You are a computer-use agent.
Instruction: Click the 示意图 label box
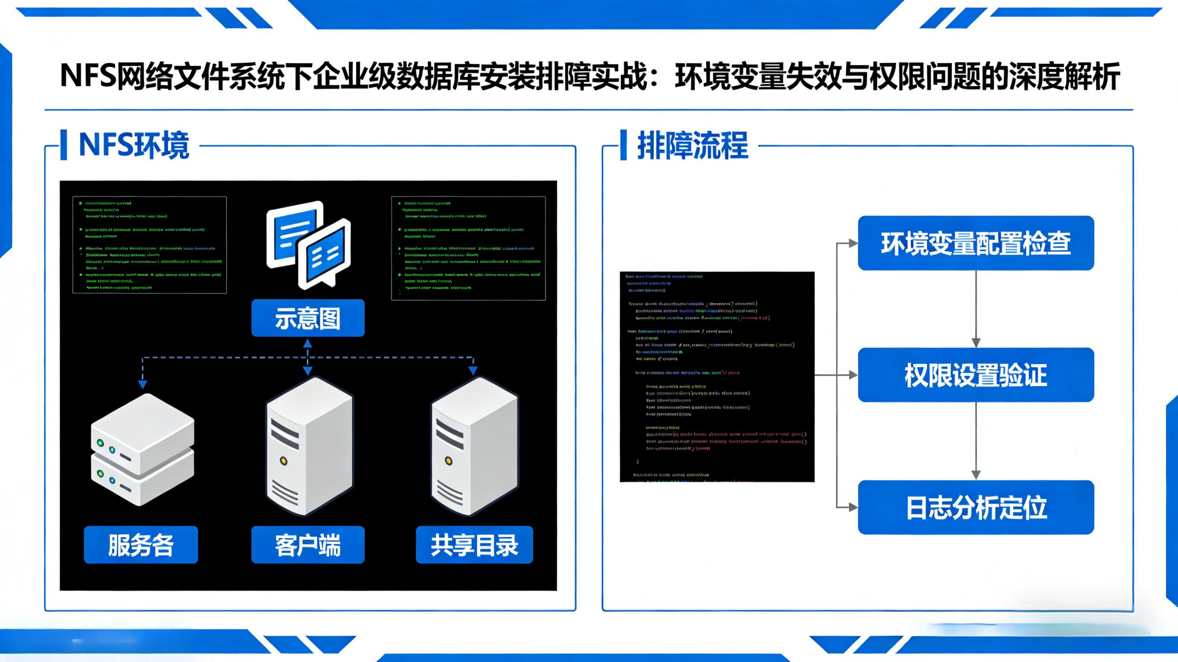308,318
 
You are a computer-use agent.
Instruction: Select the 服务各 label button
141,545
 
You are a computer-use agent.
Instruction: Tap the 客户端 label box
308,545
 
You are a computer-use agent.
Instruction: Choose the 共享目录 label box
474,545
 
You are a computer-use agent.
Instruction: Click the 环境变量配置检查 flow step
976,243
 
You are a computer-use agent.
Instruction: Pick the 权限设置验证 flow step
976,375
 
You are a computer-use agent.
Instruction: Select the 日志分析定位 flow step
976,507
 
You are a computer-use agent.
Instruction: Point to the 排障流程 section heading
693,145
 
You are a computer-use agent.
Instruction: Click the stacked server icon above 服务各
143,450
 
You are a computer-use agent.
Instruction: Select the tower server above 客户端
309,446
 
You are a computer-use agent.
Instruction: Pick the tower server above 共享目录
475,446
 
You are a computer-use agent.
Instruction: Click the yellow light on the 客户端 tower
283,461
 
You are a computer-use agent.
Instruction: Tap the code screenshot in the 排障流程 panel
717,376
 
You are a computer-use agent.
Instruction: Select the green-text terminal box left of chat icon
150,245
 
